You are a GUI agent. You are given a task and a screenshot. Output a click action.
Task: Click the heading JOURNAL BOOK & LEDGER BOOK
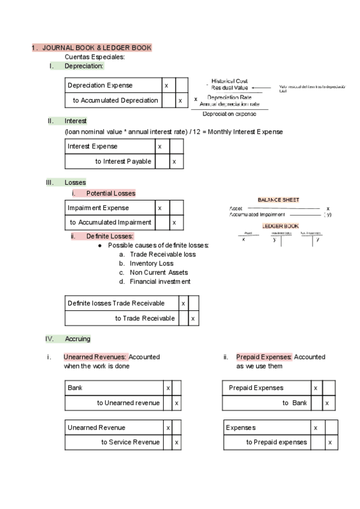(x=97, y=47)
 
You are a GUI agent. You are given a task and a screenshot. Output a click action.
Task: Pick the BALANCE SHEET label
(x=278, y=200)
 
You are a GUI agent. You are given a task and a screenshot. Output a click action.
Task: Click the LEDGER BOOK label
(x=280, y=226)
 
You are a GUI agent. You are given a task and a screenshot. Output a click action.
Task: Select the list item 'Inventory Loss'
(x=151, y=264)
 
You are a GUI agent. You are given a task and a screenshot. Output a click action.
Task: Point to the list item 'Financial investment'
(x=160, y=282)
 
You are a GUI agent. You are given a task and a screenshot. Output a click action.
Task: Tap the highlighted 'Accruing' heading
(x=77, y=339)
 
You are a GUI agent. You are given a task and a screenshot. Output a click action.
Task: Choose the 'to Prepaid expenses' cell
(x=276, y=442)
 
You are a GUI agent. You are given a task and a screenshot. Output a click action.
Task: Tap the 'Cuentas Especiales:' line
(x=94, y=57)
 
